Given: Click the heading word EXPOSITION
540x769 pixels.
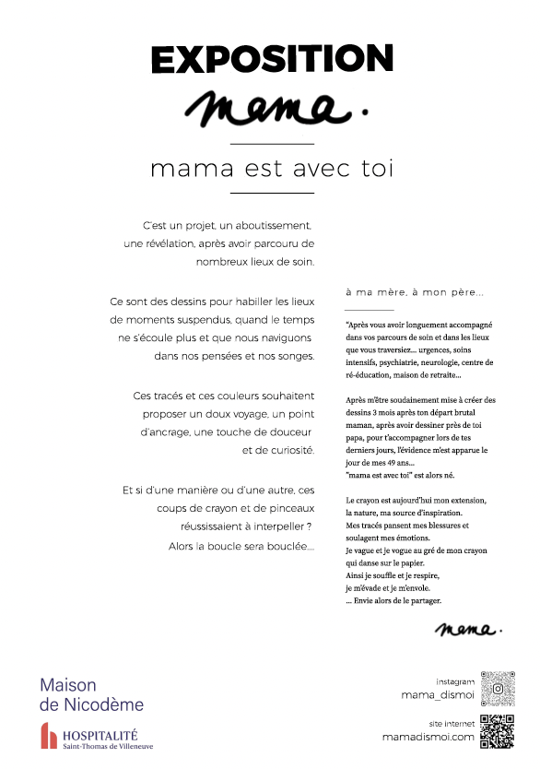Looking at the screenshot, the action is (272, 59).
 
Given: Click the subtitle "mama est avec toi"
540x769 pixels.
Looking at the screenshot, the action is (271, 169).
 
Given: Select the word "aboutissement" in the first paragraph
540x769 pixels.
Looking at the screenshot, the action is (276, 225).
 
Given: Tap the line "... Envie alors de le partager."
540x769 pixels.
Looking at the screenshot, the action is (393, 600).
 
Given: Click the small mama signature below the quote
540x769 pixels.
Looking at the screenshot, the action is (469, 631).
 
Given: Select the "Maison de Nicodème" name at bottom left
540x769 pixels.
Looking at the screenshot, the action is (91, 695).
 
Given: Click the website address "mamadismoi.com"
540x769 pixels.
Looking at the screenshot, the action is (428, 737).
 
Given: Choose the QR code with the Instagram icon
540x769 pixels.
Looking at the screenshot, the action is (498, 687).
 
